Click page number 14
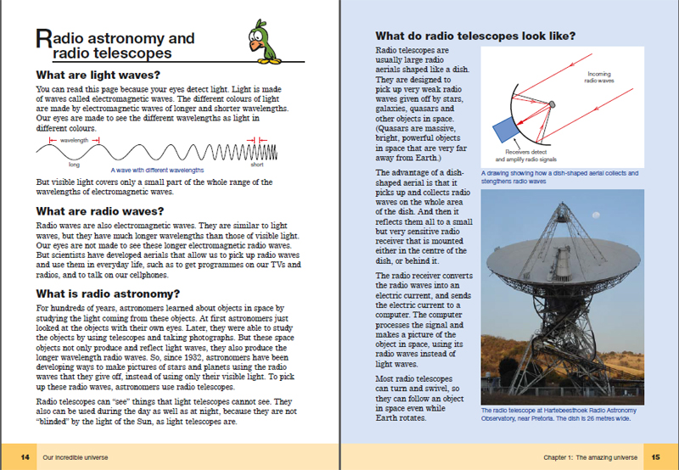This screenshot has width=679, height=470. tap(25, 457)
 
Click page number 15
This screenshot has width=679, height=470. tap(654, 457)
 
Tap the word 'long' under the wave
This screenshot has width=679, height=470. tap(63, 165)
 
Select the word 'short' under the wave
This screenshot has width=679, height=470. tap(256, 165)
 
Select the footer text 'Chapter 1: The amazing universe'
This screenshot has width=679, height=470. tap(590, 457)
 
